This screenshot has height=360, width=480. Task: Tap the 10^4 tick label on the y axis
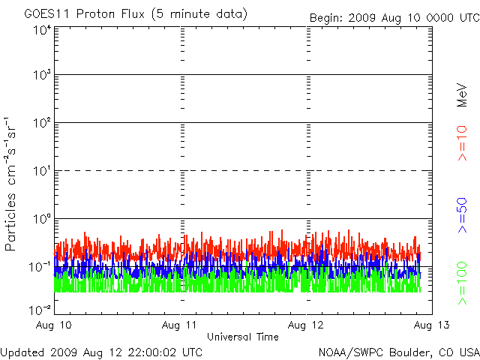[x=40, y=29]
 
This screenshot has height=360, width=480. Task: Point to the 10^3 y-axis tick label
[x=40, y=75]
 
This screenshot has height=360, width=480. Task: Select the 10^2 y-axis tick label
[x=40, y=122]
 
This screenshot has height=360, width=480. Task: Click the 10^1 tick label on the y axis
[x=40, y=170]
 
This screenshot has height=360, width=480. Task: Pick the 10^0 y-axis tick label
[x=40, y=218]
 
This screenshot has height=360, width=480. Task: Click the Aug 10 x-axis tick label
[x=55, y=325]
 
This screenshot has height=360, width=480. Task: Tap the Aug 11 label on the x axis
[x=181, y=325]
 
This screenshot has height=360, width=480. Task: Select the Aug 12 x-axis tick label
[x=306, y=325]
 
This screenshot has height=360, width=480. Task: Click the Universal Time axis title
[x=242, y=337]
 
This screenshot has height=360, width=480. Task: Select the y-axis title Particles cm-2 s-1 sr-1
[x=13, y=184]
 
